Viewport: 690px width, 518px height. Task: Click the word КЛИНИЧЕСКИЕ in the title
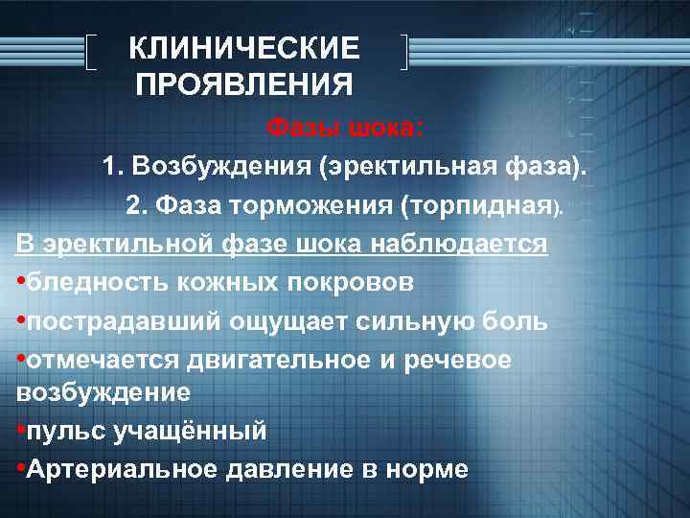click(x=244, y=47)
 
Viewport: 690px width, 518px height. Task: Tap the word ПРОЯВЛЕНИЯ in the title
click(x=244, y=85)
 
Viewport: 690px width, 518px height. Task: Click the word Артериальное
click(x=121, y=469)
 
